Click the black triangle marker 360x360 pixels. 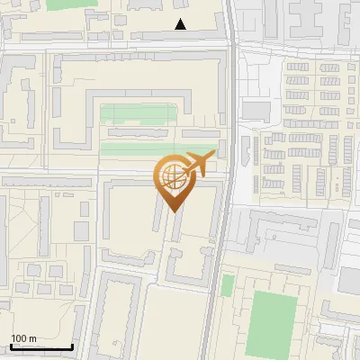tap(181, 24)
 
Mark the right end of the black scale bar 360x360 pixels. tap(72, 347)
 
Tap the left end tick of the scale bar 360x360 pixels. tap(11, 346)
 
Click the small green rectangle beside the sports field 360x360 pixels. tap(228, 286)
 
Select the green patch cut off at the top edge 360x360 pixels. tap(62, 4)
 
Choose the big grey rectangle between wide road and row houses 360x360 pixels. tap(256, 110)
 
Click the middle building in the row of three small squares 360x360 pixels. tap(44, 269)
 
